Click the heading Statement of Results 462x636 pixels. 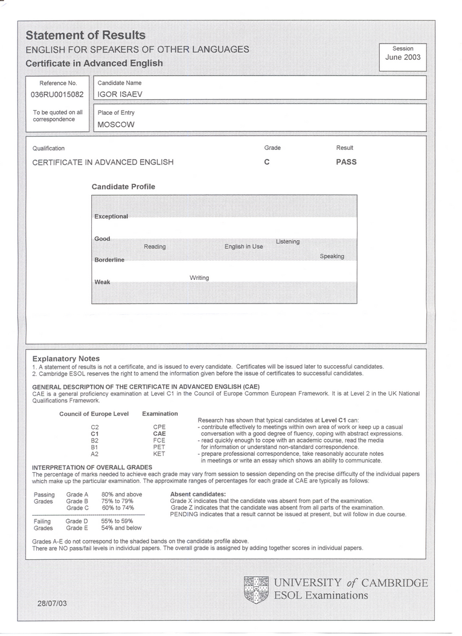pos(85,35)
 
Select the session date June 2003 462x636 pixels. pos(403,57)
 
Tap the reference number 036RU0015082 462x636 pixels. pos(58,94)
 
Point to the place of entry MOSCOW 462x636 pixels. pos(116,125)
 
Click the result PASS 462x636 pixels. pos(346,162)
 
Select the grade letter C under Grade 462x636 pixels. pos(267,162)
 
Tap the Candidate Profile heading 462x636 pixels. pos(123,187)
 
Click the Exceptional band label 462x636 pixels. pos(111,216)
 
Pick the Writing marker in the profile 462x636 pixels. pos(199,277)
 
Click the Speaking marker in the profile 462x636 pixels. pos(332,256)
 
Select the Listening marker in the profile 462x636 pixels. pos(287,242)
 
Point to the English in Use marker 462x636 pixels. pos(244,247)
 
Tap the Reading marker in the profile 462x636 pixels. pos(155,247)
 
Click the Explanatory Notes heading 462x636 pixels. pos(66,359)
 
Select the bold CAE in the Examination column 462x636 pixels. pos(159,433)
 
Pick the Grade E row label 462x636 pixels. pos(77,528)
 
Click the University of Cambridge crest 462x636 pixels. pos(256,589)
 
